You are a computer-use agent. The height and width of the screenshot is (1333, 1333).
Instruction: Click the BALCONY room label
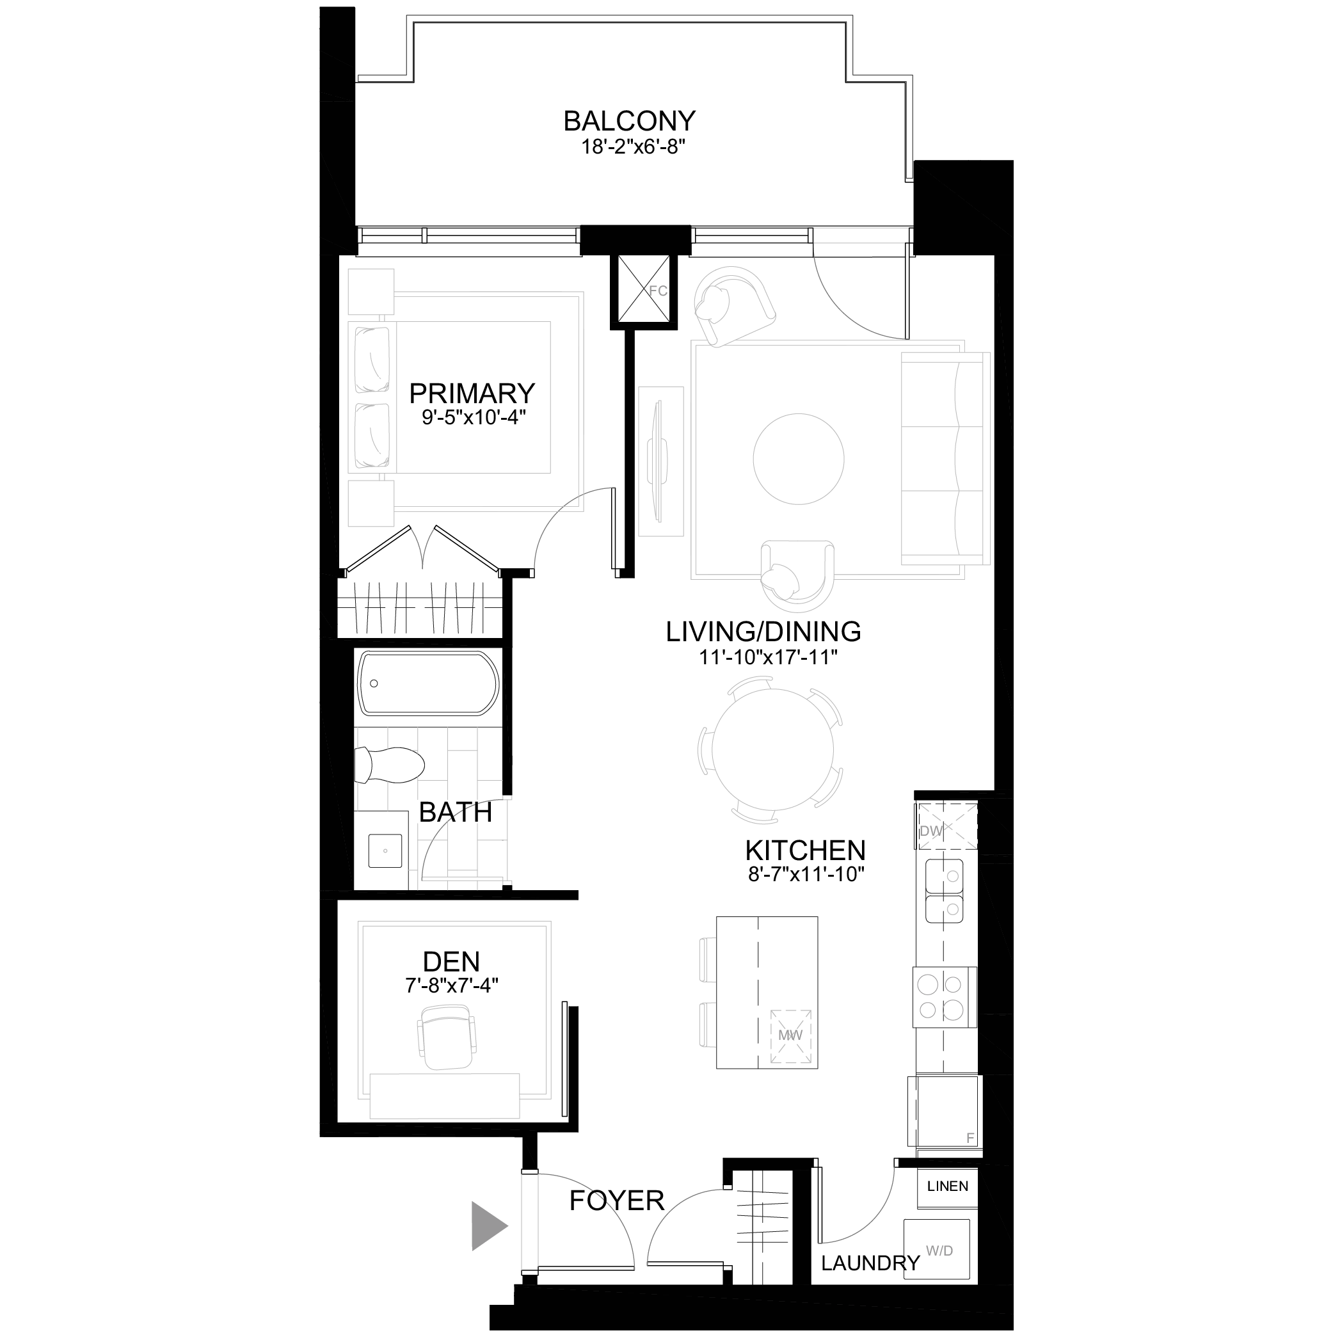(629, 121)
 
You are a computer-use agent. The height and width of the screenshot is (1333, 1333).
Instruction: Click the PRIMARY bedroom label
(472, 394)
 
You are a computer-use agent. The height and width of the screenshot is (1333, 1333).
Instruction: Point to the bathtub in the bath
(427, 683)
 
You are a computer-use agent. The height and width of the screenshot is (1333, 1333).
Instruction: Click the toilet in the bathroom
(388, 765)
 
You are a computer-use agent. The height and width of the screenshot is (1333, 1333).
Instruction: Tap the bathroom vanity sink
(385, 850)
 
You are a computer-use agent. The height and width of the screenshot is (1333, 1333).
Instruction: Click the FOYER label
(617, 1201)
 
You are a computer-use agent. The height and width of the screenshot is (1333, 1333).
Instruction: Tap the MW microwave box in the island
(791, 1037)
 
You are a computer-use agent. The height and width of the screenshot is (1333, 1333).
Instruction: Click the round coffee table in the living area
(798, 458)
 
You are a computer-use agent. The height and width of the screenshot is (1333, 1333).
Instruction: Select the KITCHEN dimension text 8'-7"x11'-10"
(806, 874)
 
